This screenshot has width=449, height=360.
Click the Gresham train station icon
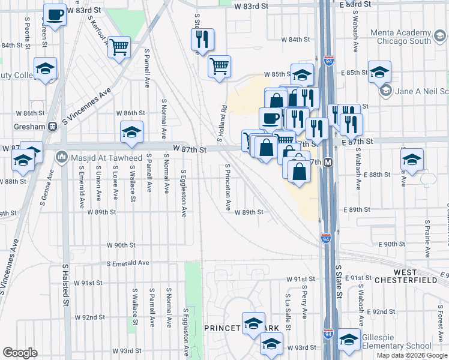[x=53, y=127]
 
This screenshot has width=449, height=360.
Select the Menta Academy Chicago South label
[x=412, y=37]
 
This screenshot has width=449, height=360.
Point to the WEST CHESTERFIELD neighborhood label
[x=406, y=276]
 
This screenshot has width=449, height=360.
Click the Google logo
[x=20, y=353]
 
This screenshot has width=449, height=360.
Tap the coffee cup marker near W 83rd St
[x=55, y=14]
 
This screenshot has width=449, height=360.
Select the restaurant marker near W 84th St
[x=202, y=40]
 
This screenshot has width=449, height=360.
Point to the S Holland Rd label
[x=223, y=124]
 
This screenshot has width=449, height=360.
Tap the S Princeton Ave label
[x=228, y=187]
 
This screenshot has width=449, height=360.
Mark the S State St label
[x=338, y=282]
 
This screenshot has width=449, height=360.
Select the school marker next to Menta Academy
[x=379, y=71]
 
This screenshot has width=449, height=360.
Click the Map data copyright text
[x=412, y=355]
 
